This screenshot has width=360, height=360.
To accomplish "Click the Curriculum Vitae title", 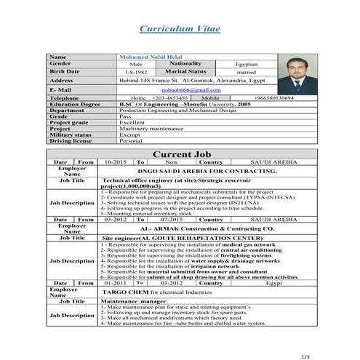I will (180, 28).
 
